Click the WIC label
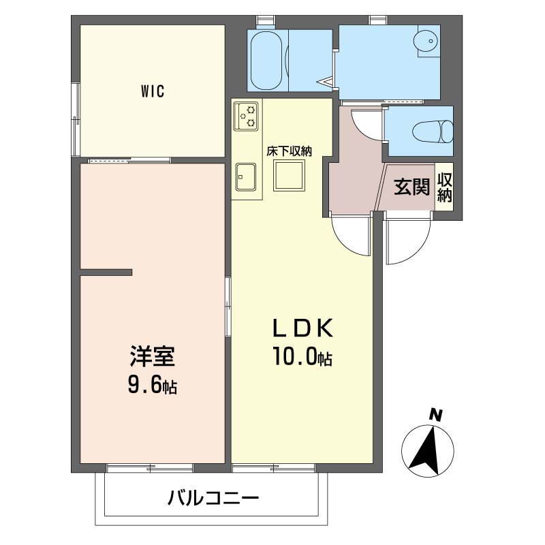click(x=152, y=91)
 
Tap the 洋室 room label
click(x=152, y=356)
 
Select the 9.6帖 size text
click(x=152, y=385)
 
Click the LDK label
click(x=302, y=328)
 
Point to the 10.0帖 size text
click(x=302, y=356)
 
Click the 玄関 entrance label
click(x=411, y=187)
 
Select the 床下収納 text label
click(x=289, y=151)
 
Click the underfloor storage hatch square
click(x=289, y=175)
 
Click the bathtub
click(x=266, y=61)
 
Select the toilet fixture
click(x=433, y=131)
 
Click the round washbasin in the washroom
click(x=426, y=42)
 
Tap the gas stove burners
click(x=246, y=116)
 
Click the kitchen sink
click(x=246, y=177)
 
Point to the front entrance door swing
click(x=408, y=239)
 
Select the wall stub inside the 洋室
click(x=106, y=272)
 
